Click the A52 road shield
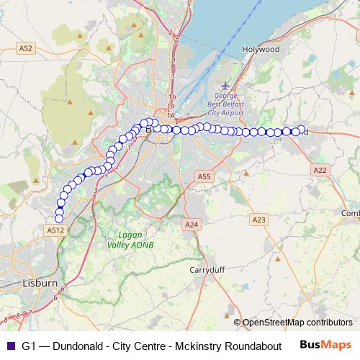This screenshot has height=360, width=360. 26,48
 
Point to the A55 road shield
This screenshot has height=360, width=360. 204,176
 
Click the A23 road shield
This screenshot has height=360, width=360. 259,218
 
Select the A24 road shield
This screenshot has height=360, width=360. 191,225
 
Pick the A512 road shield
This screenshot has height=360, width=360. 55,230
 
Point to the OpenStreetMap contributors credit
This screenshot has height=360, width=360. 297,322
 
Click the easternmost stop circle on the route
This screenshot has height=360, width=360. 302,130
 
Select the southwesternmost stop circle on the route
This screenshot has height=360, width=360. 59,219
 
